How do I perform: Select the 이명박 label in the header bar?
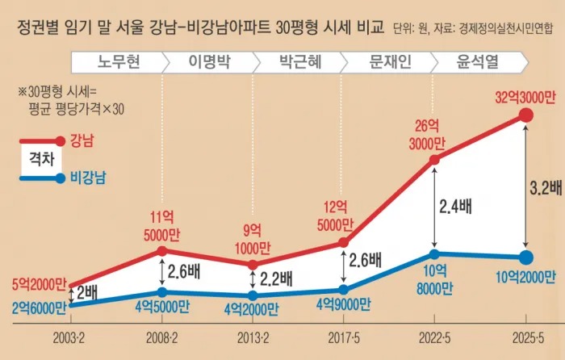click(x=207, y=61)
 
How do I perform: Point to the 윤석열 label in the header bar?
click(x=475, y=61)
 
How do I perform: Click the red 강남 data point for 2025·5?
click(x=525, y=116)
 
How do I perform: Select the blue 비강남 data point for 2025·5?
click(x=525, y=258)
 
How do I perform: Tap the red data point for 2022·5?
click(x=435, y=161)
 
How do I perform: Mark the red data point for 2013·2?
click(x=253, y=264)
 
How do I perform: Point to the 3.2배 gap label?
click(x=545, y=188)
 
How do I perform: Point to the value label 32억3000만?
click(x=525, y=98)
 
